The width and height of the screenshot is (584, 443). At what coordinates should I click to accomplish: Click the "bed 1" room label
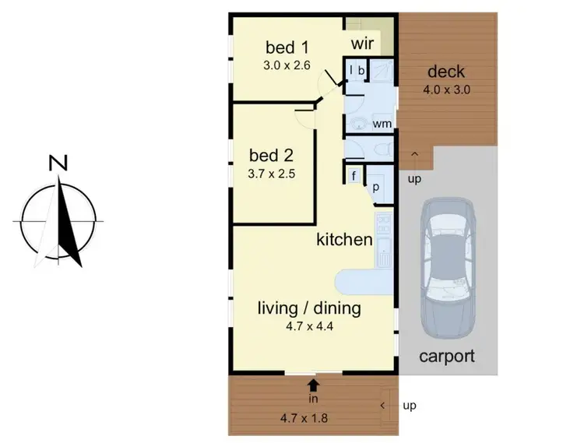click(287, 46)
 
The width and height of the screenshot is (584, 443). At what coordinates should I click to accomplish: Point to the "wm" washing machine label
click(381, 124)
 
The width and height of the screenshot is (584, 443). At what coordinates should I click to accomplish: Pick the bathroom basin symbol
click(360, 124)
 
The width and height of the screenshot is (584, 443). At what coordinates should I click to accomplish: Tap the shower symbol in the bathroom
click(382, 71)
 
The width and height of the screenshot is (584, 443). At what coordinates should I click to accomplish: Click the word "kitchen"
click(343, 239)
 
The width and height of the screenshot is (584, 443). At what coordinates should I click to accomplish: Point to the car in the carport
click(445, 265)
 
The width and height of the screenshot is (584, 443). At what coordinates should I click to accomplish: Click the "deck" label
click(446, 72)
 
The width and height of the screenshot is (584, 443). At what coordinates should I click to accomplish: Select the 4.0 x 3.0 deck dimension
click(446, 90)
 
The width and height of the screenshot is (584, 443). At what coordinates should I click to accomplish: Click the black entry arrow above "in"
click(313, 384)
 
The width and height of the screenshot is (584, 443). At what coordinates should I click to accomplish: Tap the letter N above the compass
click(58, 163)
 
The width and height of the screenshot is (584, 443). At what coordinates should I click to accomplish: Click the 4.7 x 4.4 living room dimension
click(309, 326)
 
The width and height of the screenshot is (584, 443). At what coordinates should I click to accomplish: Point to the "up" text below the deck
click(414, 181)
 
